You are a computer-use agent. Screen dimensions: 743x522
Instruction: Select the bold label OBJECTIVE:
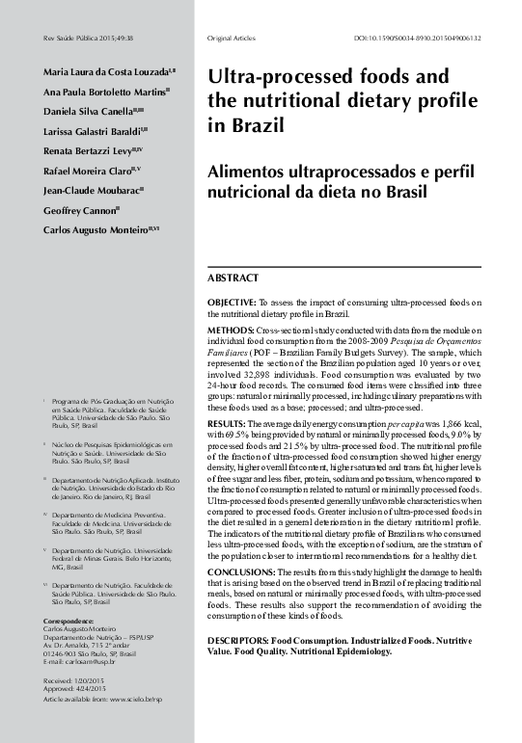[232, 303]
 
